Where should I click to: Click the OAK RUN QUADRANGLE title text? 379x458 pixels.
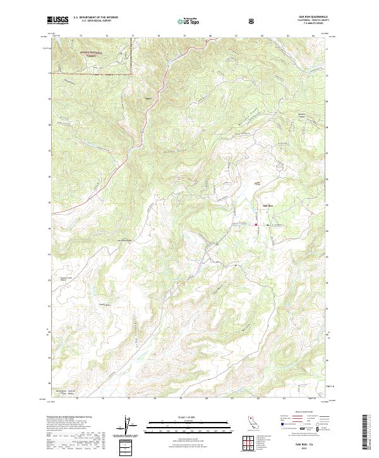(314, 17)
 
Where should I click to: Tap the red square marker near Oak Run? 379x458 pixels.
(256, 225)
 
